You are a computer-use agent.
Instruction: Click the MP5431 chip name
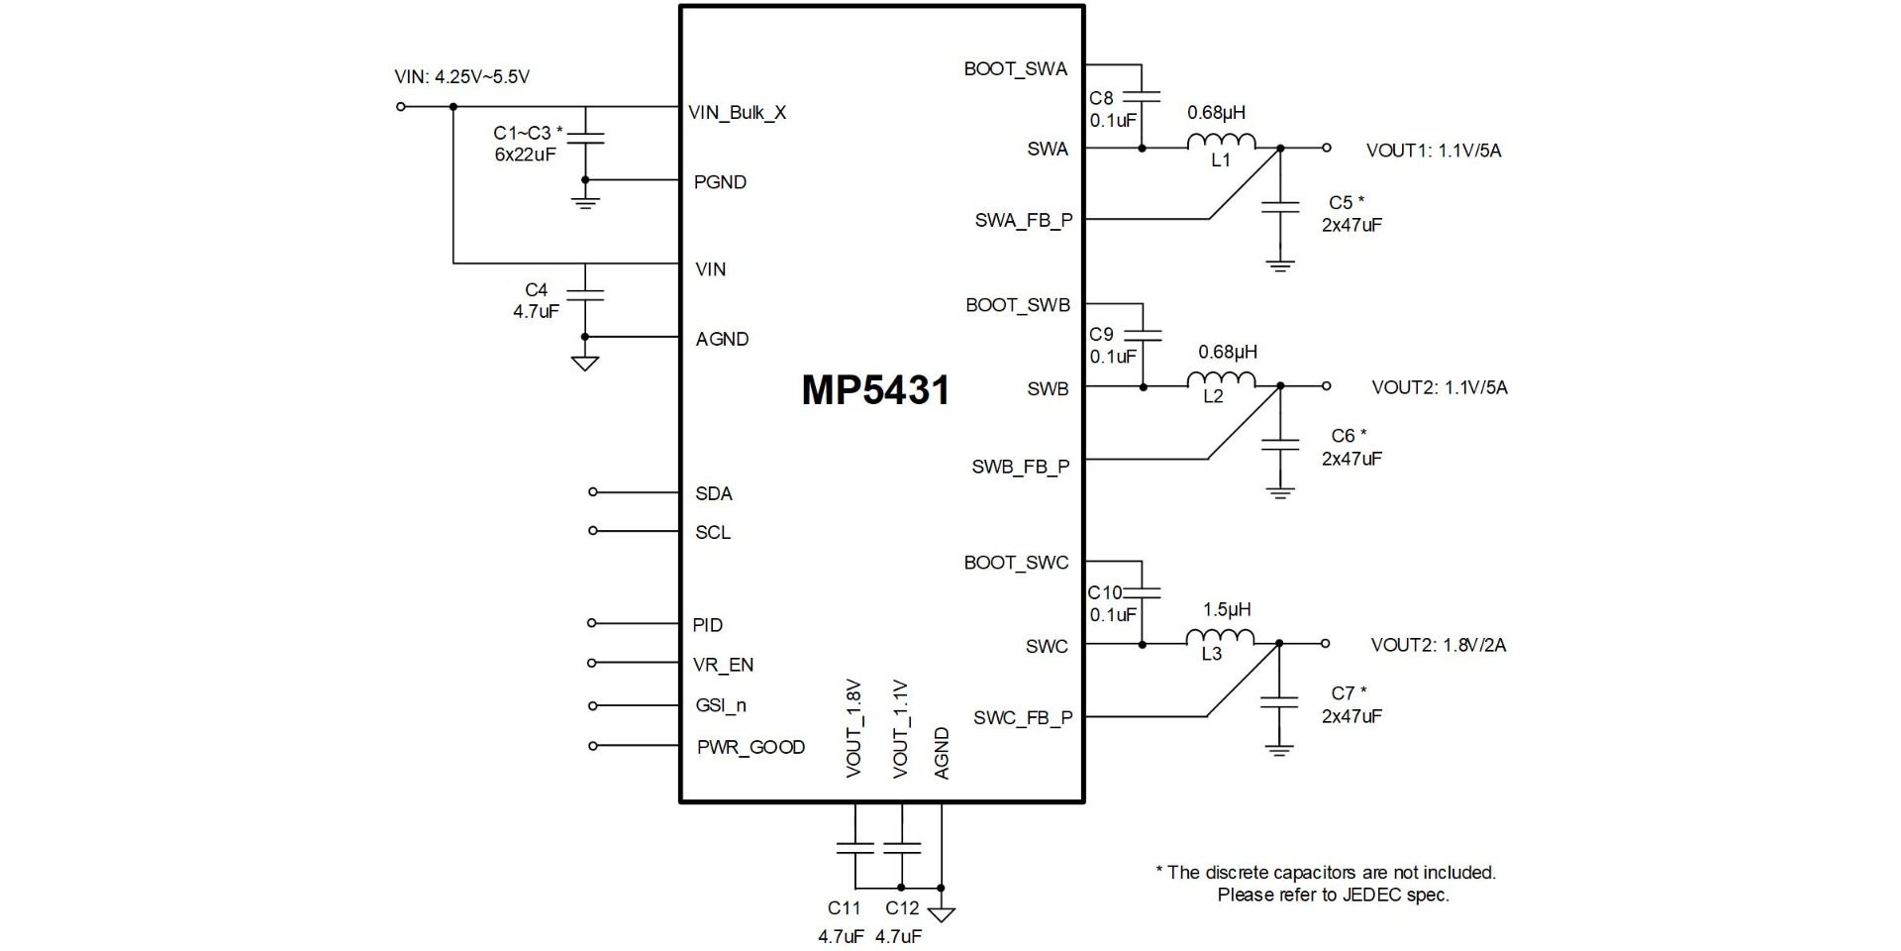click(x=875, y=390)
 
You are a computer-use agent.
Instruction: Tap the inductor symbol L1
click(x=1221, y=143)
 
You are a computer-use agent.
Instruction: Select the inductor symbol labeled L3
click(x=1220, y=638)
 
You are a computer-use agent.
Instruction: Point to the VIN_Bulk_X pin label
click(x=737, y=113)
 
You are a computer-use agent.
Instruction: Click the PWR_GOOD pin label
click(x=750, y=748)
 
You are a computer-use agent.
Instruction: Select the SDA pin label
click(x=714, y=493)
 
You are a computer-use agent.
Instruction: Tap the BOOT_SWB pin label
click(x=1017, y=305)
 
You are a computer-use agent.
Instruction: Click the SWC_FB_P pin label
click(x=1022, y=718)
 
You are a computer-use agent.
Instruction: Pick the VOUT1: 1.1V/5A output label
click(x=1433, y=151)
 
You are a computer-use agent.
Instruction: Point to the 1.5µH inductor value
click(x=1226, y=609)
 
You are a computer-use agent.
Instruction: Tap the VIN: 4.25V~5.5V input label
click(x=461, y=77)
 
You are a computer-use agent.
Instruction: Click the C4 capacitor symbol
click(x=585, y=294)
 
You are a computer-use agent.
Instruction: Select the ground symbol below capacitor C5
click(x=1280, y=265)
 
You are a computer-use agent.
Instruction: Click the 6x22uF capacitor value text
click(x=525, y=156)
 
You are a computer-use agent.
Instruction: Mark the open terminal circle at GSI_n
click(x=593, y=706)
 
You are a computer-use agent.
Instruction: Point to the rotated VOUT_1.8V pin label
click(x=854, y=728)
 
